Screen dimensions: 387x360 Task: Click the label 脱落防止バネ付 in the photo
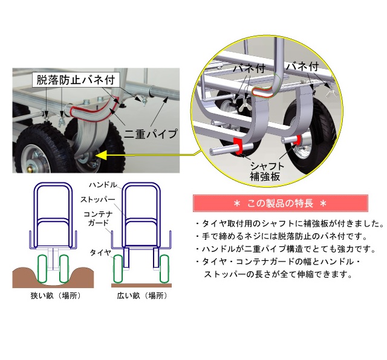76,80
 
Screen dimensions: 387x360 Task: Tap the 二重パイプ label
151,134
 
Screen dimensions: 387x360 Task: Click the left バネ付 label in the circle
249,68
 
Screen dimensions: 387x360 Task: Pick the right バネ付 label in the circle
302,66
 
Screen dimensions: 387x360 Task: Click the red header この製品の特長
281,203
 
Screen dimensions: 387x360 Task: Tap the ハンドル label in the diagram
103,185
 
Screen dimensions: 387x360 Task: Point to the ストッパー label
98,199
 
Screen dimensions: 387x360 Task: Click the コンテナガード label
98,219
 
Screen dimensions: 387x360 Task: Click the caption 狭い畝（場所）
56,295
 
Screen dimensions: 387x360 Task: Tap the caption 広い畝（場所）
142,295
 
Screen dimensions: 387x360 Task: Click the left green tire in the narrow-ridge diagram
42,269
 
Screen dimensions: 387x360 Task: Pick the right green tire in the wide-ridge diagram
164,269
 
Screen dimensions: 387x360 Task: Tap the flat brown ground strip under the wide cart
141,285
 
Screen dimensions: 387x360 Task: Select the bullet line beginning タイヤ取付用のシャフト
290,223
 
